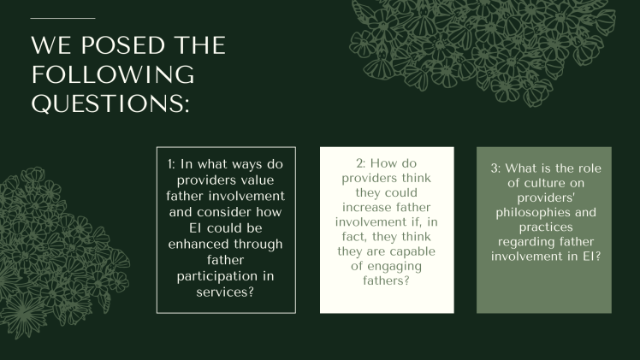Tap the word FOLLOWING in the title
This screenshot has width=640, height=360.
pyautogui.click(x=114, y=74)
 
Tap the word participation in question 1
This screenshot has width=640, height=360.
pyautogui.click(x=226, y=278)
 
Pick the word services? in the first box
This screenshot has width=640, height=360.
pyautogui.click(x=226, y=294)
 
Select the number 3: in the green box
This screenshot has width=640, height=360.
pyautogui.click(x=491, y=168)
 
